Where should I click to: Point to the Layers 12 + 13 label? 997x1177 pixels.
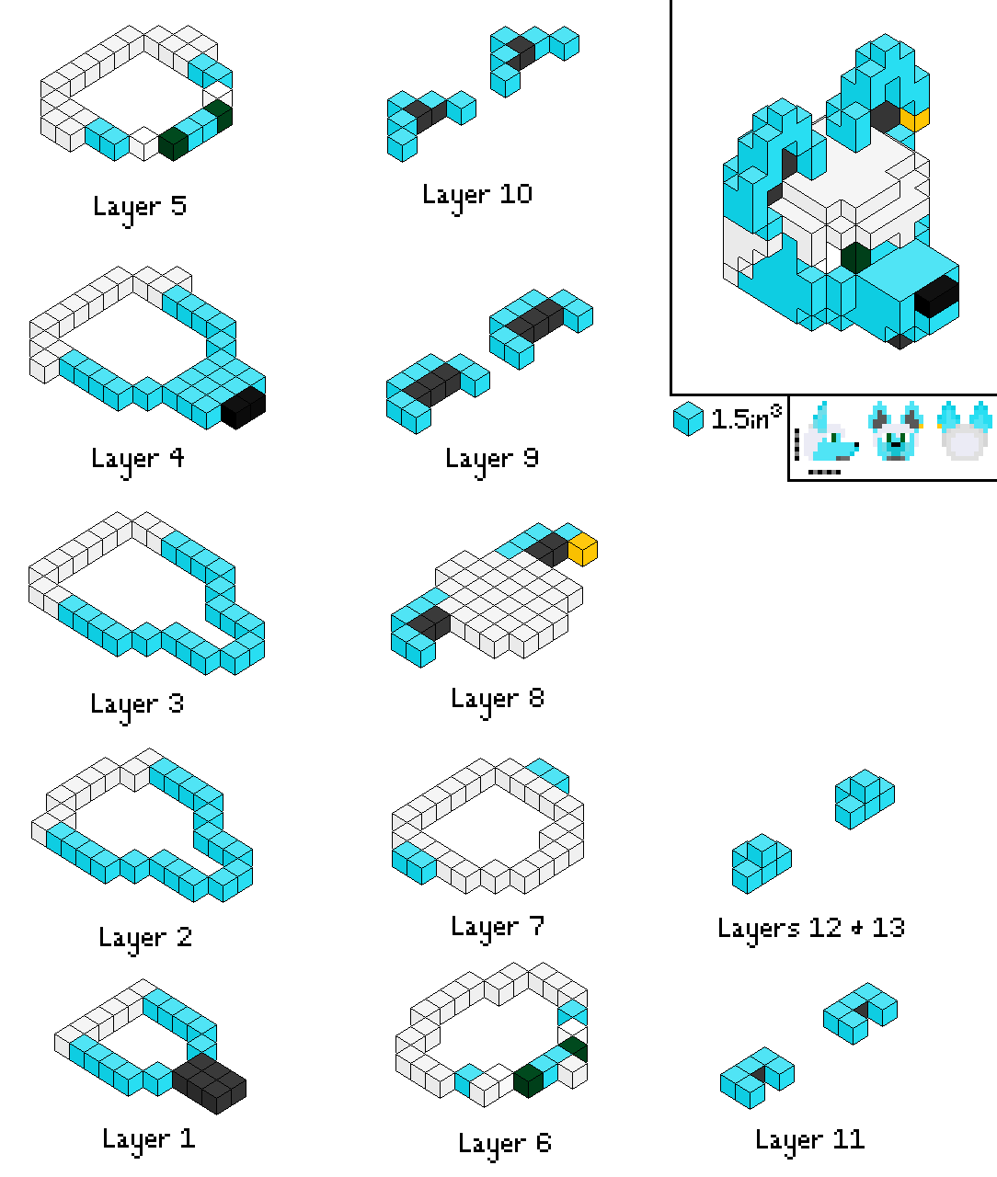(x=811, y=930)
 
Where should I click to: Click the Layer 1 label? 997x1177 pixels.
(x=149, y=1140)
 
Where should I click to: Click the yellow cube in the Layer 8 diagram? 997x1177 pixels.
(x=583, y=550)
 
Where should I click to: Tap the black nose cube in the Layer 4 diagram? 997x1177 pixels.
(x=243, y=407)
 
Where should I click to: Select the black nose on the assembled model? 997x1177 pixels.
(x=936, y=297)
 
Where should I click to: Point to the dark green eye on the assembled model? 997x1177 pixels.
(x=855, y=257)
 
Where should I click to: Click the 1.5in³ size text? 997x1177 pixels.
(x=746, y=418)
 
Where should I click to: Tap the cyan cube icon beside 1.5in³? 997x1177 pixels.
(x=688, y=419)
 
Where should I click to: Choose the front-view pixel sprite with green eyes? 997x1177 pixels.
(x=896, y=430)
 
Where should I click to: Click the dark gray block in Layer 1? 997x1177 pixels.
(x=209, y=1083)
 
